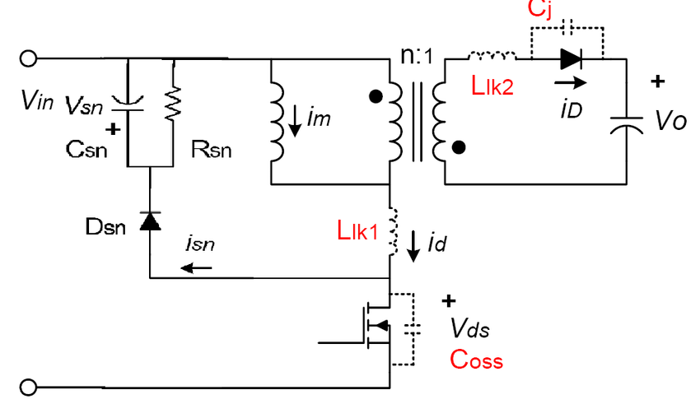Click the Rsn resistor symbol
[173, 104]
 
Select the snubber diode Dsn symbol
[150, 221]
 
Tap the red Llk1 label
[357, 230]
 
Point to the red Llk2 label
[492, 86]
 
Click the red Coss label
[476, 360]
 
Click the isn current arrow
[196, 268]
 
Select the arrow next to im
[295, 120]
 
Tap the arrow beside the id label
[413, 246]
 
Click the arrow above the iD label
[571, 82]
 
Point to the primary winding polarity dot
[376, 96]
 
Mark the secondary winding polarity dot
[459, 147]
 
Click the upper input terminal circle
[28, 58]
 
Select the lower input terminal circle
[28, 387]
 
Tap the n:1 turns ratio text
[417, 55]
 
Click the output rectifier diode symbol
[571, 59]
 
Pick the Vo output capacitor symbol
[627, 125]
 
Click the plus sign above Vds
[449, 301]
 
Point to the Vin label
[37, 100]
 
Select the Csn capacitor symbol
[127, 104]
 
